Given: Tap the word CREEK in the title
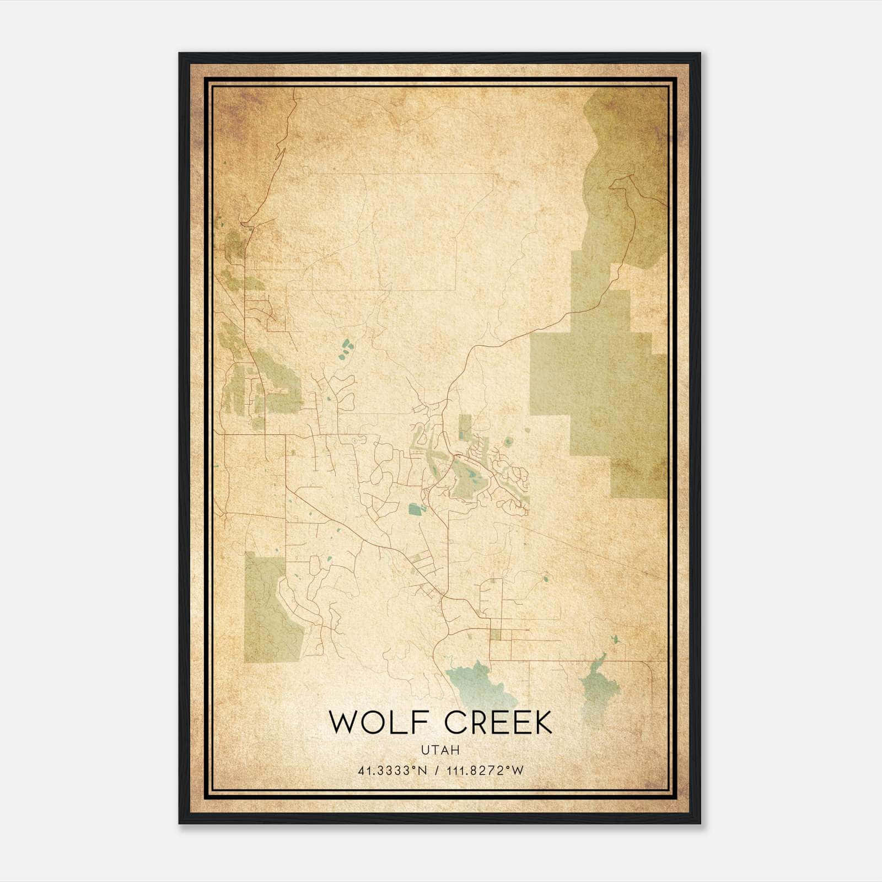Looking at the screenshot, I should click(498, 723).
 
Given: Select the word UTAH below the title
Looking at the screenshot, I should click(440, 750).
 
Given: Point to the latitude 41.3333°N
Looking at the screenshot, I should click(392, 771).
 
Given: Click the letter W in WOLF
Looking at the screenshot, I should click(343, 723).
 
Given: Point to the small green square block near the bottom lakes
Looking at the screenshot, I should click(495, 634).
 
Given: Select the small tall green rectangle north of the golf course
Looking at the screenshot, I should click(465, 427).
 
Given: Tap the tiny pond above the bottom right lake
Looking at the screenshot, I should click(615, 640).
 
